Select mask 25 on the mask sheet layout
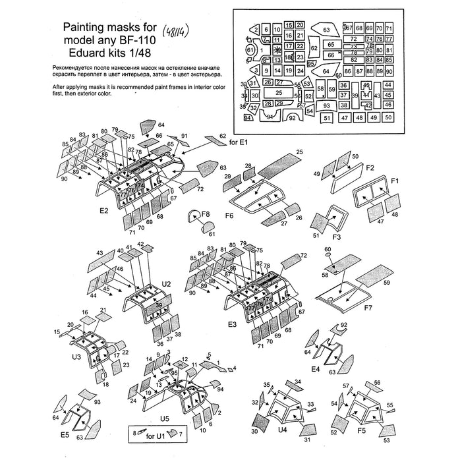(x=279, y=94)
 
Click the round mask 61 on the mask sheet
(x=250, y=50)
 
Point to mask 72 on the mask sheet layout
(x=353, y=39)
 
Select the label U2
(x=166, y=283)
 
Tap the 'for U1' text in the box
(x=156, y=434)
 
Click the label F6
(x=230, y=215)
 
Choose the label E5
(x=65, y=435)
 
